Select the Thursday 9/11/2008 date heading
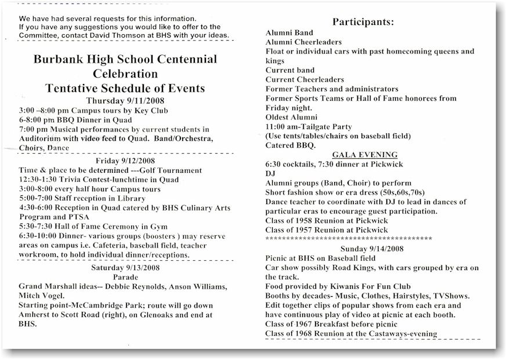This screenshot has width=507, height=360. click(126, 100)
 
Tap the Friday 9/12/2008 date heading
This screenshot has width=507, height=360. click(126, 161)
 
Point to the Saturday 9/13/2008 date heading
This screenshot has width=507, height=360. click(126, 268)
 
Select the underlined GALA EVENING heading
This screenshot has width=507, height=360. click(364, 155)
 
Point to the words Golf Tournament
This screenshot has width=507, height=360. click(171, 170)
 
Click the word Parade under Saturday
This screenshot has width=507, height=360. click(126, 277)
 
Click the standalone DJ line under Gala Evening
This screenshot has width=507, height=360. click(270, 173)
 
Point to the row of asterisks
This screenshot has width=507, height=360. click(348, 238)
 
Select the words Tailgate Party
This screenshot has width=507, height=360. click(323, 126)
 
